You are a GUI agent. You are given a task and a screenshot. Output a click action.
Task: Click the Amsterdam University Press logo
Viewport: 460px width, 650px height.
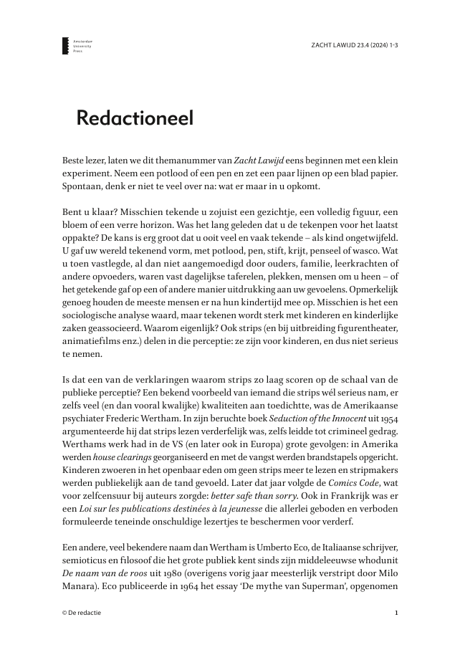(67, 47)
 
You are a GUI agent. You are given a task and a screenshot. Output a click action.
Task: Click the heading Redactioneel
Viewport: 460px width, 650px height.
(135, 118)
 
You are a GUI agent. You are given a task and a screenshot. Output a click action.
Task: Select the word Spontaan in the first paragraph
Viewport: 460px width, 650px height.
(82, 186)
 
